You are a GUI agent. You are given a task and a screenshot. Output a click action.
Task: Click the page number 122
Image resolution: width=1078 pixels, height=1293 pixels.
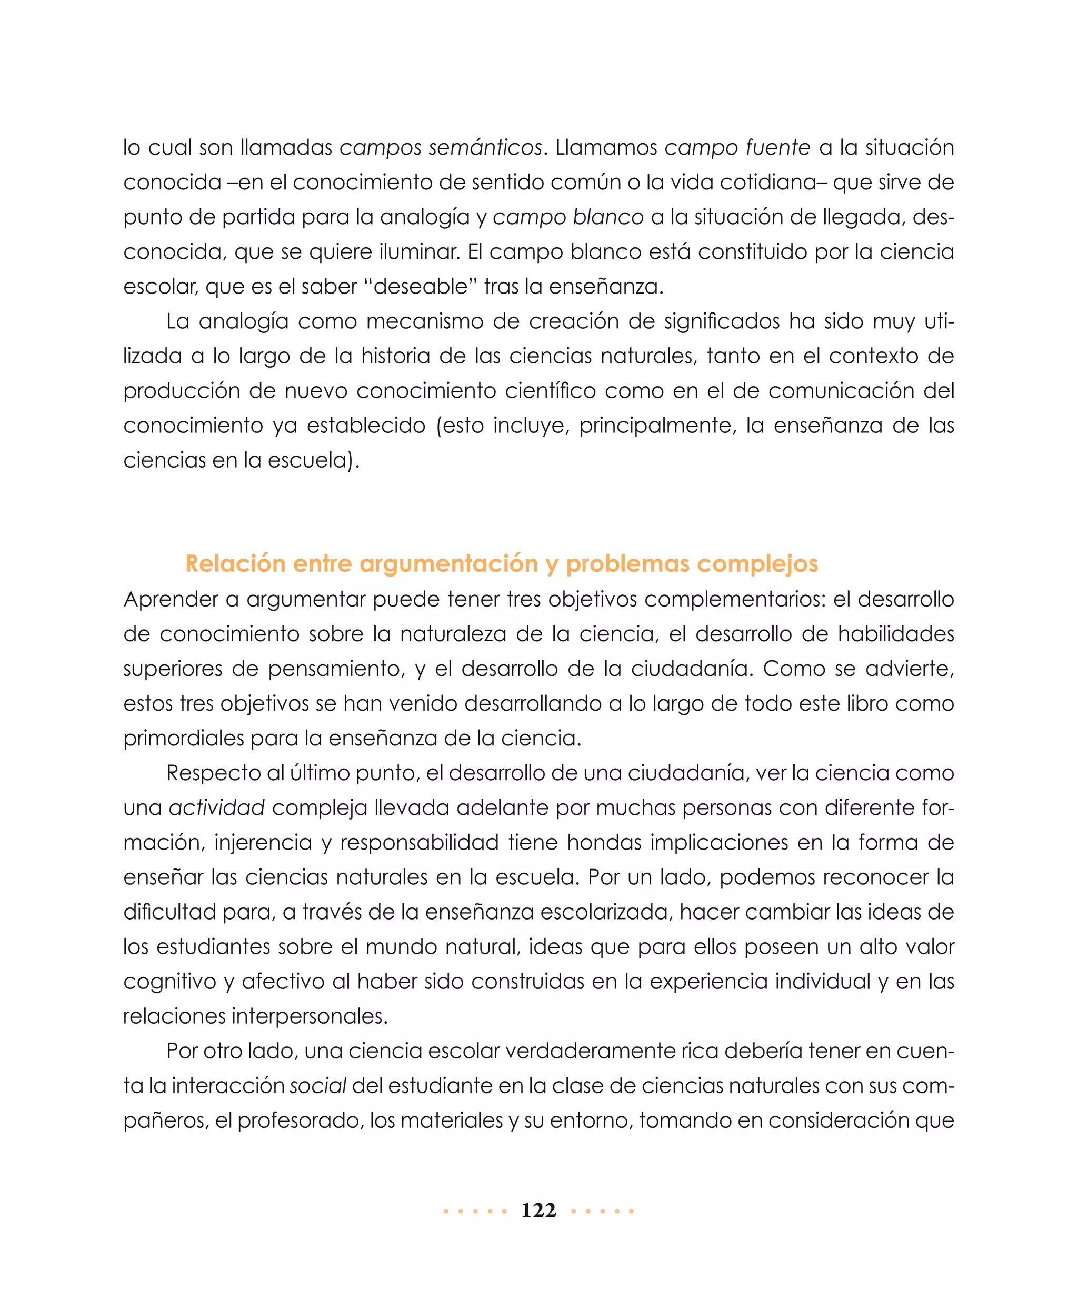[x=538, y=1210]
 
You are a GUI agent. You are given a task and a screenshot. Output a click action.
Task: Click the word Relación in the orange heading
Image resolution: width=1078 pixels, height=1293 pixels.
[x=235, y=563]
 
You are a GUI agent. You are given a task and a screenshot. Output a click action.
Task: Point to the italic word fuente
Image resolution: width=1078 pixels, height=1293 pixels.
[x=778, y=148]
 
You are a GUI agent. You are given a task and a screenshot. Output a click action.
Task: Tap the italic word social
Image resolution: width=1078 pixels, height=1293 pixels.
[x=318, y=1086]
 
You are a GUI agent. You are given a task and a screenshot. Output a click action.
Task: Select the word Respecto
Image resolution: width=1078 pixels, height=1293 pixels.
[x=214, y=773]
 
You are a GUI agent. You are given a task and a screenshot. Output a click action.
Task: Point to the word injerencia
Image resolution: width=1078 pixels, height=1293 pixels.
[x=263, y=843]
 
